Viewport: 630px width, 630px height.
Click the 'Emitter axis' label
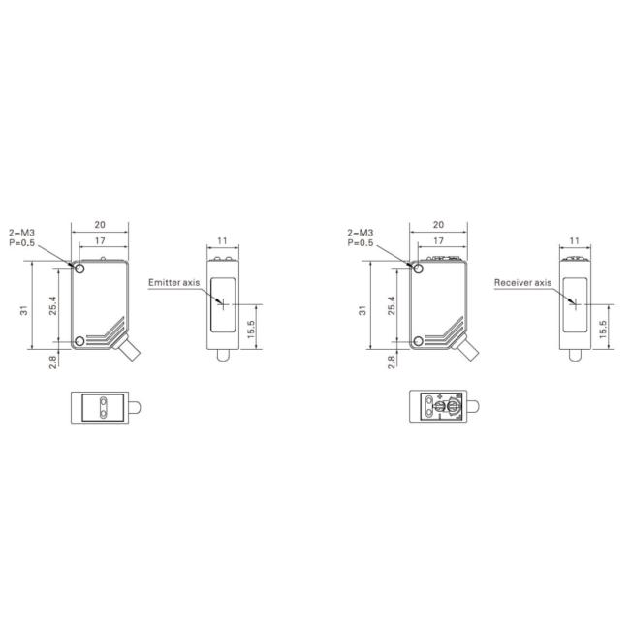click(173, 282)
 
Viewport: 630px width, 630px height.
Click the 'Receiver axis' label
click(522, 282)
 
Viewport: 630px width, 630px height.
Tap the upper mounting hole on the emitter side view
click(79, 268)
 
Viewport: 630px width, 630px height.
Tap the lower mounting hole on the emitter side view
click(79, 341)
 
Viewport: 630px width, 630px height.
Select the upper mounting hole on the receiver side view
click(418, 268)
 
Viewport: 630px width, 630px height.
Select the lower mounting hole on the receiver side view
click(418, 341)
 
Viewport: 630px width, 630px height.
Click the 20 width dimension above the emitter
click(100, 225)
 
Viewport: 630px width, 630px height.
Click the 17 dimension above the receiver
click(438, 240)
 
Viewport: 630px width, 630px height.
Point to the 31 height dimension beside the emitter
click(24, 310)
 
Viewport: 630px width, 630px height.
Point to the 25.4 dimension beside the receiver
click(392, 305)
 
